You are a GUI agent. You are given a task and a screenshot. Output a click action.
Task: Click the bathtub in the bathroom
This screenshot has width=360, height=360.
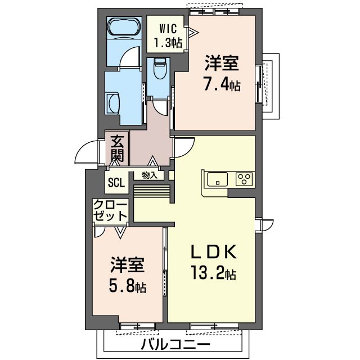[124, 26]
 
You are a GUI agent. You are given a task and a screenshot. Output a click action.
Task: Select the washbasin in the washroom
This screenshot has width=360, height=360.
[112, 103]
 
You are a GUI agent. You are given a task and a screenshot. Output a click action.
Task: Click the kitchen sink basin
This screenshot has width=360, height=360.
[217, 179]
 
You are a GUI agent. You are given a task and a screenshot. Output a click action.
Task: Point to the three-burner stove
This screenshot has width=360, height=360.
[244, 179]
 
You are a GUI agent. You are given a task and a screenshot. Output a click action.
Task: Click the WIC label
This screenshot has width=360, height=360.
[168, 29]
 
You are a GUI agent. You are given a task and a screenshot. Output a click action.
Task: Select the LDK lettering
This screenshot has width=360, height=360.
[214, 253]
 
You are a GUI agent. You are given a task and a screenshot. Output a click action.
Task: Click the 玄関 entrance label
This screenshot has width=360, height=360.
[118, 148]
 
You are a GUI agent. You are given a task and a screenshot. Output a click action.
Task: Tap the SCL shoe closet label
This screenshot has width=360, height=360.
[116, 182]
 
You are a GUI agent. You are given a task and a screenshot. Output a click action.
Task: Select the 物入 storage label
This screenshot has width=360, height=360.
[150, 175]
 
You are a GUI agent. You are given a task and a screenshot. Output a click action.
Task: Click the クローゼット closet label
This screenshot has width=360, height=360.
[110, 210]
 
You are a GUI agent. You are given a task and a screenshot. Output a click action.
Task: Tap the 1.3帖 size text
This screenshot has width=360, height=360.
[168, 43]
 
